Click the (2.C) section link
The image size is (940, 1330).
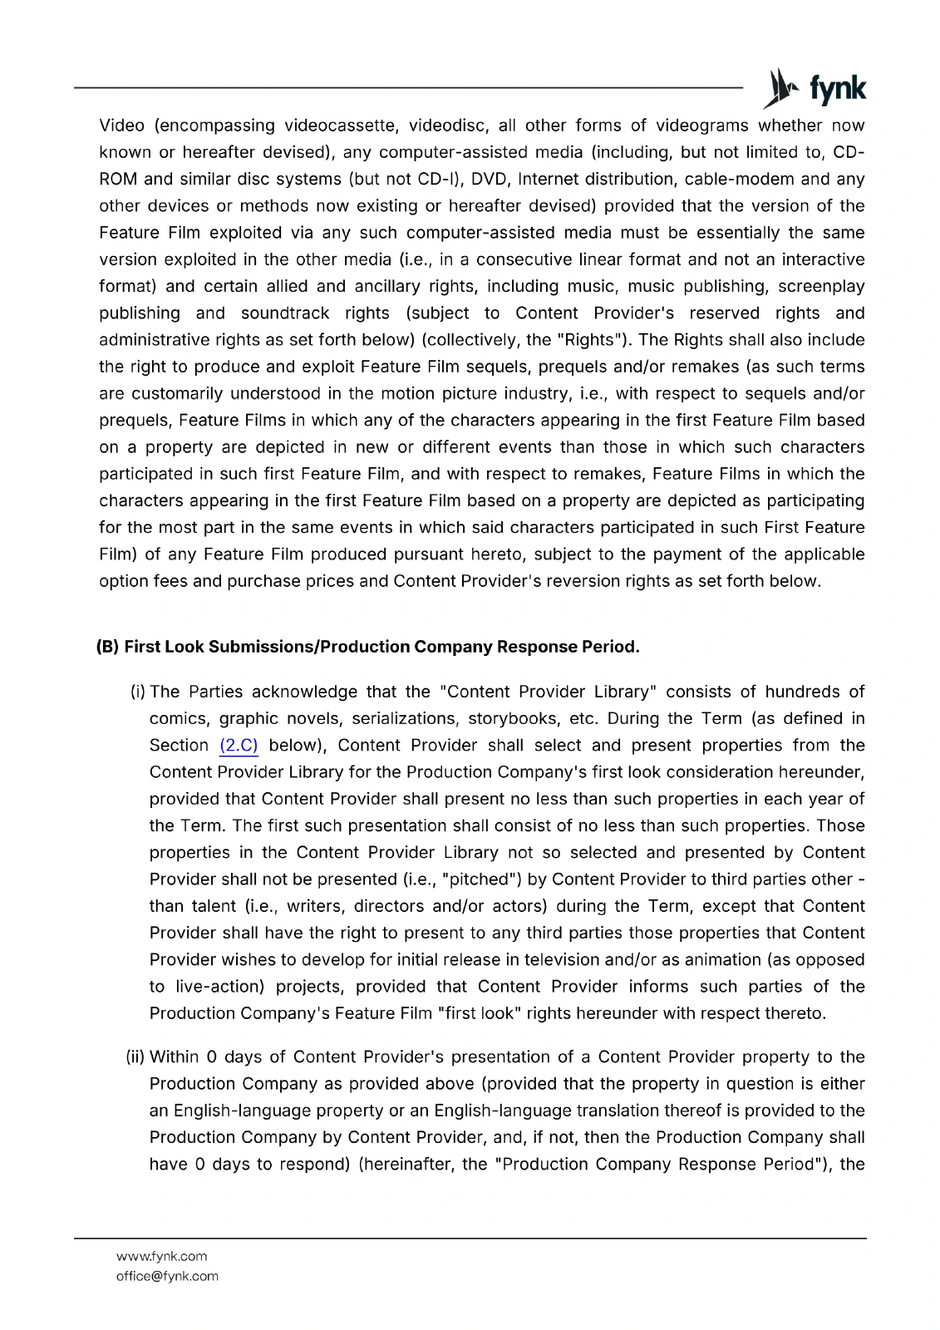coord(239,746)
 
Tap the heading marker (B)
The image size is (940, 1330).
coord(108,647)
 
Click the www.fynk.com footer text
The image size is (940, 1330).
coord(161,1256)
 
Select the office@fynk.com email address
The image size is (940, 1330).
coord(167,1276)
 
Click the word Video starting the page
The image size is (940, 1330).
coord(122,126)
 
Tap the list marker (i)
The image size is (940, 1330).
coord(138,692)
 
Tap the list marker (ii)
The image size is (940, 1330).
coord(135,1057)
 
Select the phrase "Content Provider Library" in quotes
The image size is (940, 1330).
coord(548,692)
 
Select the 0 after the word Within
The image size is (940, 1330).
coord(211,1057)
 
